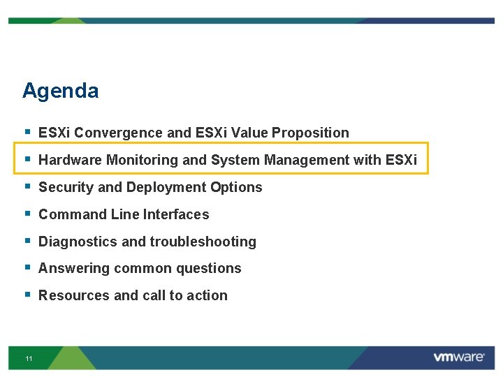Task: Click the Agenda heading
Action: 60,91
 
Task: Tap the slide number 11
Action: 29,359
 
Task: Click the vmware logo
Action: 458,357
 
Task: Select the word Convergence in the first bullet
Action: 119,133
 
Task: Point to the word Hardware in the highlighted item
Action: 71,160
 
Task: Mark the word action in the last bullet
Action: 206,295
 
